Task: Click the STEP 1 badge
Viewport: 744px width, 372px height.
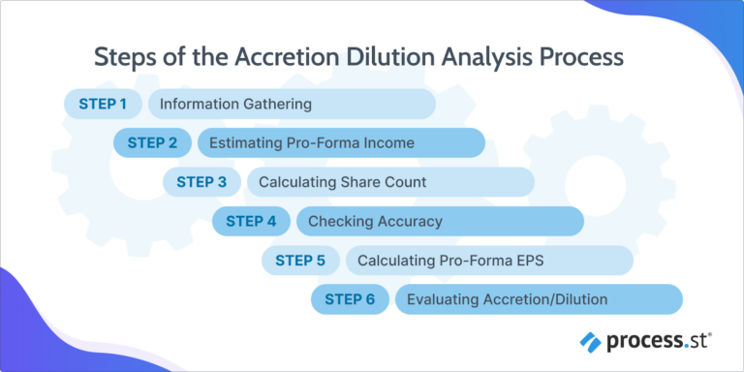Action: (103, 104)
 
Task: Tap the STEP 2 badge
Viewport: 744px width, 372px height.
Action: (152, 142)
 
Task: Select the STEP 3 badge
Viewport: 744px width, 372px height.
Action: (201, 182)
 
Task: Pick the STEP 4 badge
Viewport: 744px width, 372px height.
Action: (251, 221)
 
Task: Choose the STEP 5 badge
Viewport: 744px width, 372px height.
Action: (300, 261)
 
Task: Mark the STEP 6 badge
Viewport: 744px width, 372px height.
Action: (350, 299)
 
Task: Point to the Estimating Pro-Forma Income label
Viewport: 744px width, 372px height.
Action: (312, 143)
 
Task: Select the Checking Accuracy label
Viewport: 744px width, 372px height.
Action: (375, 222)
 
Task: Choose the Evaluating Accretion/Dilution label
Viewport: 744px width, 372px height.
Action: (507, 299)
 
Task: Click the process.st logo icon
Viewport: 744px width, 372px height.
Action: (591, 341)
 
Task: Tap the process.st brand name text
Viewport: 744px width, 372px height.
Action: (660, 341)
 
